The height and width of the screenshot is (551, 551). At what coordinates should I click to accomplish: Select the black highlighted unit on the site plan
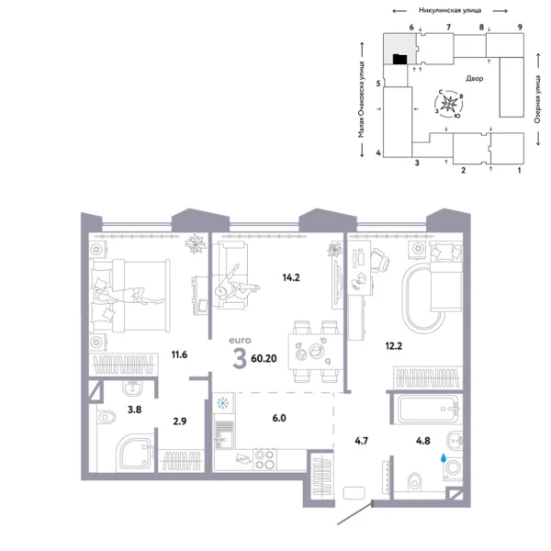(x=399, y=60)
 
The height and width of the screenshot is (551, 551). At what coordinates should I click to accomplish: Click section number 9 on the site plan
(x=520, y=28)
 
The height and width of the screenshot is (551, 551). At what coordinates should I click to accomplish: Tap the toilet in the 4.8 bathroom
(x=415, y=477)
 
